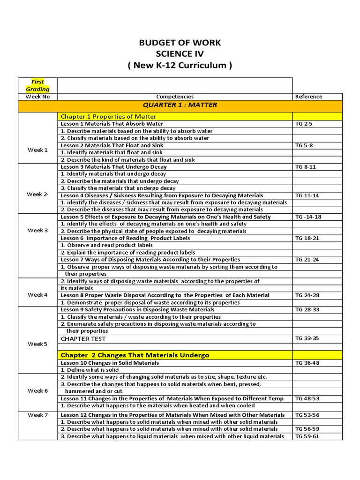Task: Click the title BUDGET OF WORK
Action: (180, 43)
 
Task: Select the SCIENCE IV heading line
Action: (180, 54)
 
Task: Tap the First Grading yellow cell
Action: (37, 85)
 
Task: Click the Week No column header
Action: (37, 97)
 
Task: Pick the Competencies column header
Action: (175, 97)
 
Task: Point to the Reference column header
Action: (308, 97)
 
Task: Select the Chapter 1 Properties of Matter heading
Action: (108, 116)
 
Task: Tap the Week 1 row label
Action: (37, 150)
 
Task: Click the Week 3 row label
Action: (37, 231)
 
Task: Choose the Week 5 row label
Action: (37, 344)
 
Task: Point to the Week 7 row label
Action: (37, 415)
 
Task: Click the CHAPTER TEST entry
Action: (83, 338)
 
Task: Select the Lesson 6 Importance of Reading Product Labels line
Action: (125, 238)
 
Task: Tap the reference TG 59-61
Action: (307, 436)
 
